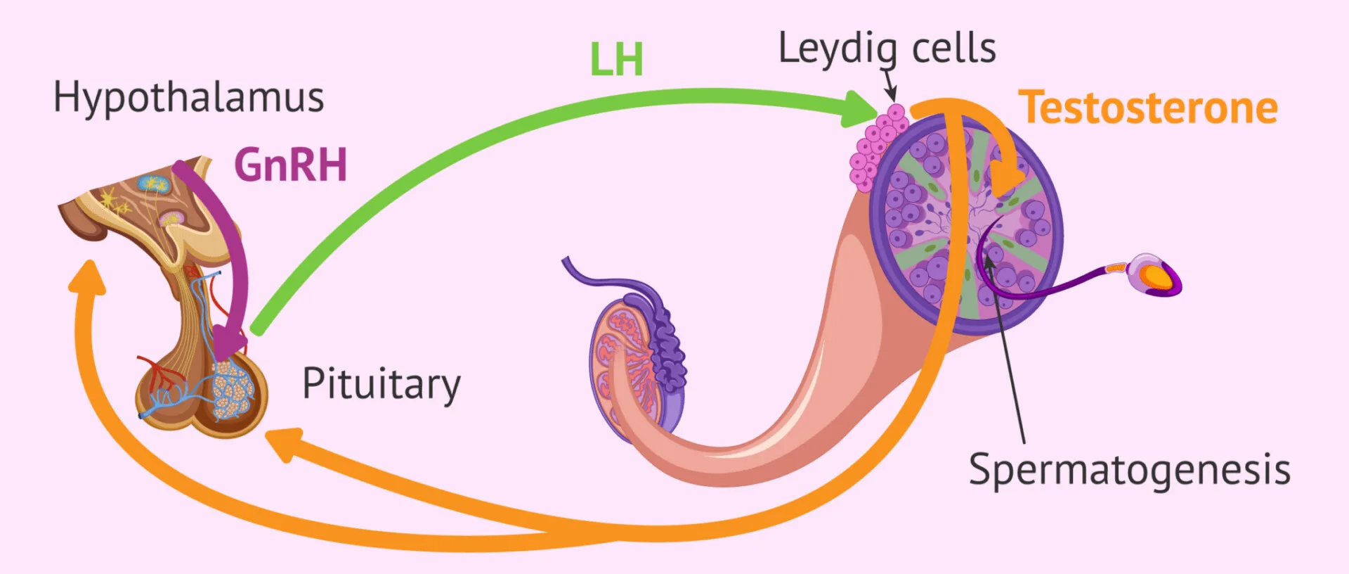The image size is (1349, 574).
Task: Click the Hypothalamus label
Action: tap(188, 98)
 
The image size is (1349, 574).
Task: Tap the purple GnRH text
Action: tap(290, 165)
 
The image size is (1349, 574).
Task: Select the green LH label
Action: tap(616, 59)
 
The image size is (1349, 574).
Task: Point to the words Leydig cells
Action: tap(887, 49)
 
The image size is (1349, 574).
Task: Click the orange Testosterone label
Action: tap(1148, 108)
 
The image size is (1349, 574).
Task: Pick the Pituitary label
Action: tap(381, 384)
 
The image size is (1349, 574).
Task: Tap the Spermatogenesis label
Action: tap(1129, 469)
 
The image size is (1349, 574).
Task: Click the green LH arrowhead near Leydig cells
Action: tap(861, 110)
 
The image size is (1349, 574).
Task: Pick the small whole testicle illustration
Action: tap(632, 366)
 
